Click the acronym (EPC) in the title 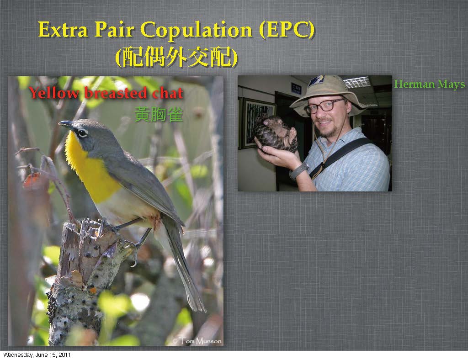click(287, 30)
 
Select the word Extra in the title click(63, 30)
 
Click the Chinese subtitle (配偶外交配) click(176, 57)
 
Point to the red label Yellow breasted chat click(106, 93)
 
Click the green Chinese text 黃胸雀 click(159, 114)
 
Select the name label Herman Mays click(429, 84)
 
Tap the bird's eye click(83, 133)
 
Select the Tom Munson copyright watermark click(197, 341)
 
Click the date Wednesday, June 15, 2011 click(37, 355)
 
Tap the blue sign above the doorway click(296, 88)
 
